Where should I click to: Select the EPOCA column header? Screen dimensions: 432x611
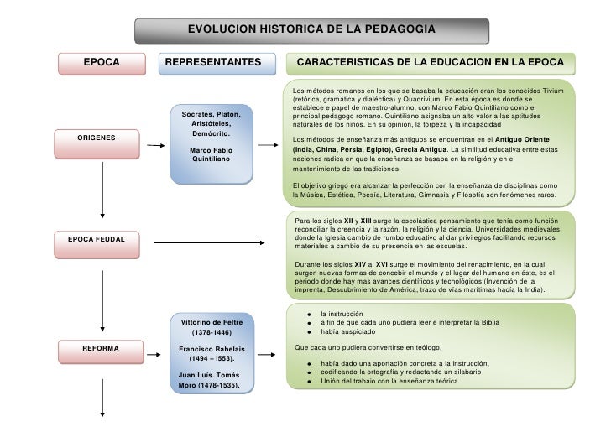[x=101, y=63]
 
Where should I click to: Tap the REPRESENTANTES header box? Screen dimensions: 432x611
[x=213, y=63]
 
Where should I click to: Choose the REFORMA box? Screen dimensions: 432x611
[x=100, y=346]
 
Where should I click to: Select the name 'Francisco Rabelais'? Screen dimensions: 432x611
[x=211, y=349]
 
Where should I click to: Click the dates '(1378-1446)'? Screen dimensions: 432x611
[x=211, y=333]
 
